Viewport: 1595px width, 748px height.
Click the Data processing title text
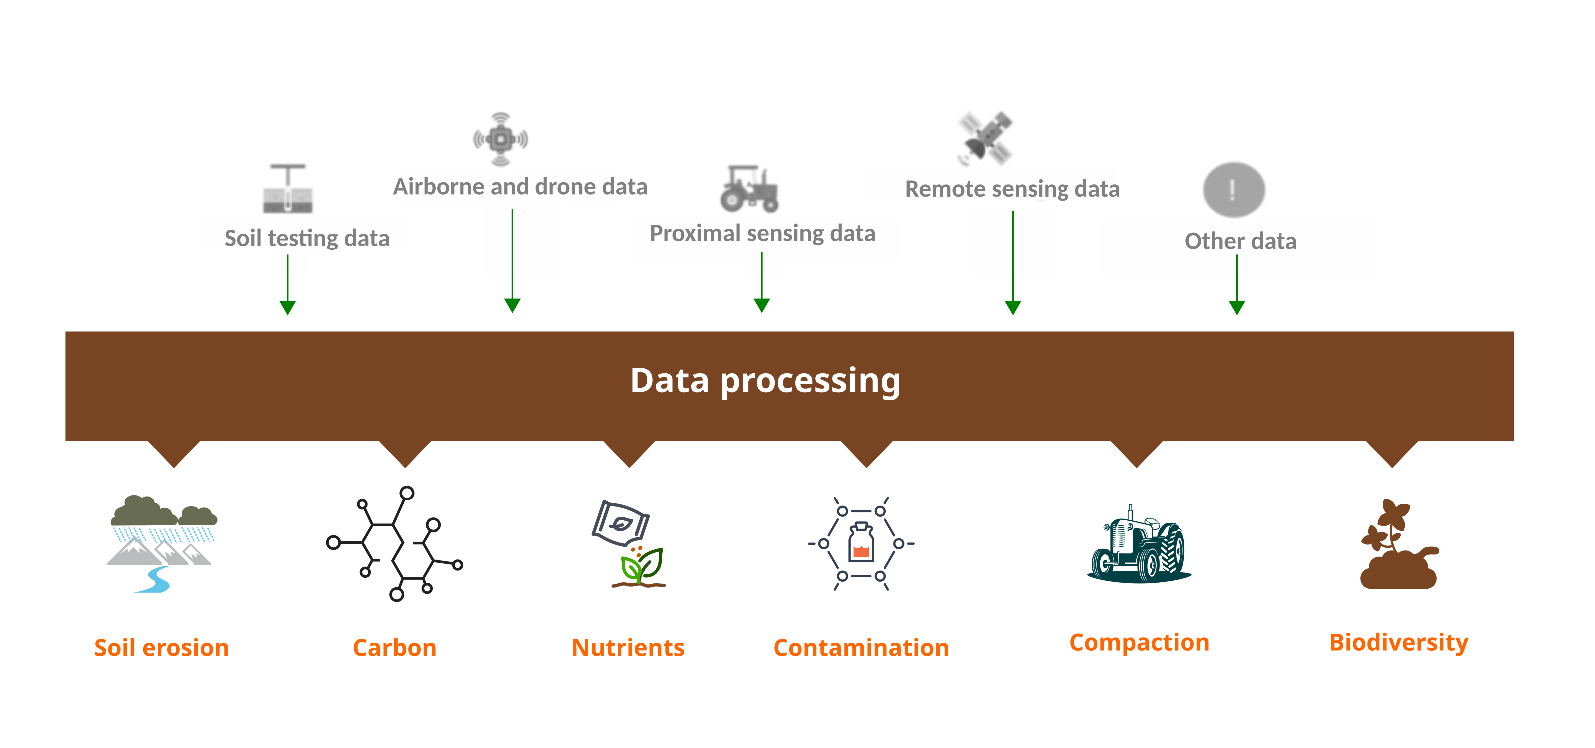tap(765, 381)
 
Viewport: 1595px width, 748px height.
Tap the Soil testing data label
tap(307, 238)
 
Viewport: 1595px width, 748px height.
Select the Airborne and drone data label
tap(520, 186)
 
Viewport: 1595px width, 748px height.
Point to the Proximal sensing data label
tap(762, 233)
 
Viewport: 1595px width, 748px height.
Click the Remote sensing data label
tap(1013, 189)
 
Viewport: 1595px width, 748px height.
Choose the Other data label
tap(1240, 241)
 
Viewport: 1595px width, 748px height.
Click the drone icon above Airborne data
tap(501, 139)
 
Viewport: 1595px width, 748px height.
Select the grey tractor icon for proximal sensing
tap(749, 188)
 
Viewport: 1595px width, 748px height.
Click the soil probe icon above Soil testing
tap(288, 189)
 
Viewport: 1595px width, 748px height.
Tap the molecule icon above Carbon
tap(395, 543)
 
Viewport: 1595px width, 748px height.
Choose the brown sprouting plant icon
tap(1398, 544)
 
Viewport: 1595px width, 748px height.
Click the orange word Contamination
tap(861, 648)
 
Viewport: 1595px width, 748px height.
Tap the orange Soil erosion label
tap(162, 648)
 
